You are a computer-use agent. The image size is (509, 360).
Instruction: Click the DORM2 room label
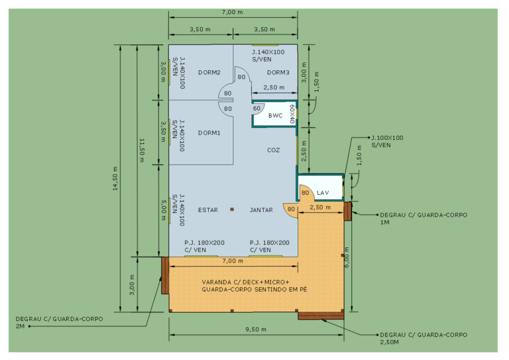point(209,72)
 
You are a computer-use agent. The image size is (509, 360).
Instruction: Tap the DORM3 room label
point(278,72)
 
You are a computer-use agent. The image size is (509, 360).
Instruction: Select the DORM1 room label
point(209,133)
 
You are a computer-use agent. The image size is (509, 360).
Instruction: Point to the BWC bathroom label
point(275,115)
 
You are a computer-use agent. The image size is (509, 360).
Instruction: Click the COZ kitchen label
point(273,150)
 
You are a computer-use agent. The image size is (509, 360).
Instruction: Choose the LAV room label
point(323,193)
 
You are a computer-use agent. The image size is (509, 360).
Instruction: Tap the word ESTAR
point(208,210)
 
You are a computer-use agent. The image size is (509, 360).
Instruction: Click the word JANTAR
point(261,210)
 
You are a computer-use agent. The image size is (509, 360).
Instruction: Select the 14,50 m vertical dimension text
point(115,178)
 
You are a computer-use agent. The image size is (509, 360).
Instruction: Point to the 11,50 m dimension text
point(142,150)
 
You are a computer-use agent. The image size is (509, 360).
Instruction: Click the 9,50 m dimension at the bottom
point(256,330)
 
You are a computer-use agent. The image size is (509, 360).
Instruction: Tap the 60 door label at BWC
point(256,109)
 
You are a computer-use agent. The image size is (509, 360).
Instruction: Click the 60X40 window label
point(292,114)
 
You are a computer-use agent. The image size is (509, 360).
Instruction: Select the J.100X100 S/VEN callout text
point(387,141)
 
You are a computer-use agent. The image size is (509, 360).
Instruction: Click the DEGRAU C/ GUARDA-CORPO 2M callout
point(60,323)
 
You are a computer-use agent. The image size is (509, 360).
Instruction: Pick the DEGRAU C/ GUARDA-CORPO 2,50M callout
point(424,338)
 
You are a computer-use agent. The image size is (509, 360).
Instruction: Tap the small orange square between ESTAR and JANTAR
point(232,210)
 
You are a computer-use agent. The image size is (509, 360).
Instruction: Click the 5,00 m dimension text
point(164,210)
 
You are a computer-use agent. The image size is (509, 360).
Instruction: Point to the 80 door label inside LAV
point(305,193)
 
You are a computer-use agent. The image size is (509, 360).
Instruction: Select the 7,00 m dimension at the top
point(233,13)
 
